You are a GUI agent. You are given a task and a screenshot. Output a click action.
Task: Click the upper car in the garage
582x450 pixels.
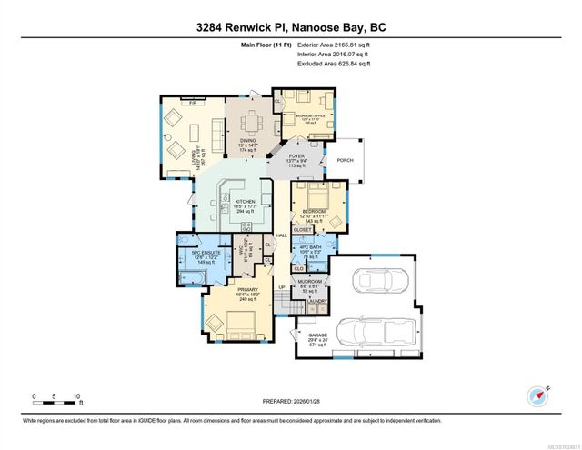pyautogui.click(x=370, y=282)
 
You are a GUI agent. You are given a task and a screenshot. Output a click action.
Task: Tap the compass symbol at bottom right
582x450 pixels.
pyautogui.click(x=536, y=397)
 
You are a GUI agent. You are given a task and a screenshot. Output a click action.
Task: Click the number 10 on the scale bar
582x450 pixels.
pyautogui.click(x=78, y=396)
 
